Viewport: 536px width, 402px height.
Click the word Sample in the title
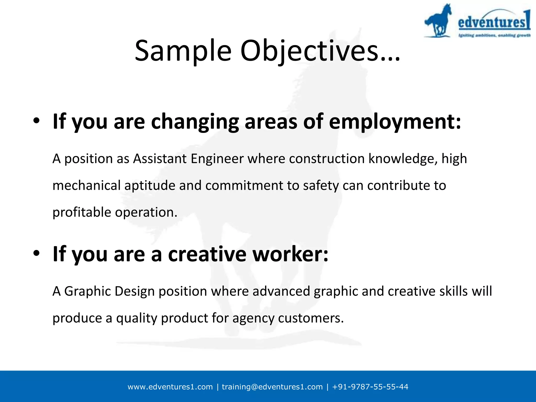click(x=183, y=51)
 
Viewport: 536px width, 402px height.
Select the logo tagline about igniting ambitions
click(x=494, y=35)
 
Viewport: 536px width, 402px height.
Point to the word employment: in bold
click(x=395, y=122)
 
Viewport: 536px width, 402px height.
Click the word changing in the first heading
click(x=195, y=122)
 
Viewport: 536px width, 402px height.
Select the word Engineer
click(x=217, y=159)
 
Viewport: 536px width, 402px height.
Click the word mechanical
click(x=86, y=186)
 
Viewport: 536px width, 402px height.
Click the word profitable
click(x=82, y=212)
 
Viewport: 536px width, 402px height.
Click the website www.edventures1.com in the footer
click(x=170, y=387)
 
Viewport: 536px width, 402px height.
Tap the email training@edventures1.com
click(x=272, y=387)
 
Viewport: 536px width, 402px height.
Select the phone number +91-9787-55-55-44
click(x=370, y=387)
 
